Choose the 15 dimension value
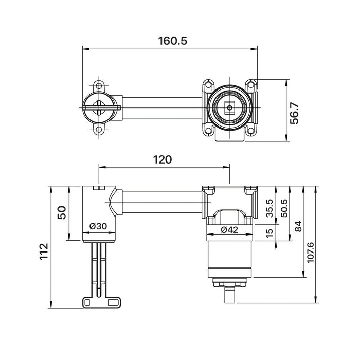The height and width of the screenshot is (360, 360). click(269, 234)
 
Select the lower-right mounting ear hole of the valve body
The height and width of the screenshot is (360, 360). click(250, 131)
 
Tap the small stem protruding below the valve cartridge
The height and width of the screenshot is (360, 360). click(229, 295)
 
